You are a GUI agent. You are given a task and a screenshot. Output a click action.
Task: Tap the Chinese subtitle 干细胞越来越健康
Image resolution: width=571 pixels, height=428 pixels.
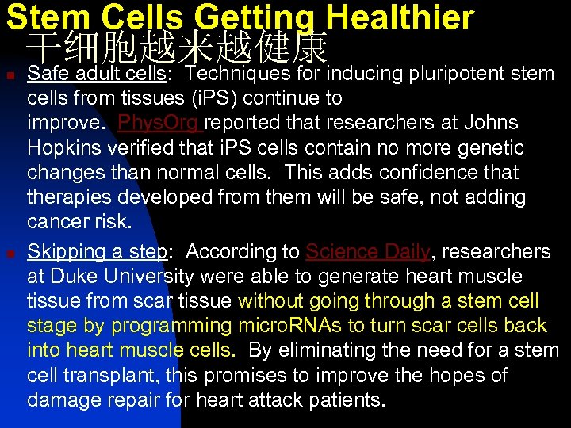[x=176, y=48]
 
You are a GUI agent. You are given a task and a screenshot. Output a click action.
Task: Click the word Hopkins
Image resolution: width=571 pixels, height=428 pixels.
[x=60, y=147]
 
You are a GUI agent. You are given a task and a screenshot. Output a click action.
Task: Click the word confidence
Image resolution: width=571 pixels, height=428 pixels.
[x=419, y=172]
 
